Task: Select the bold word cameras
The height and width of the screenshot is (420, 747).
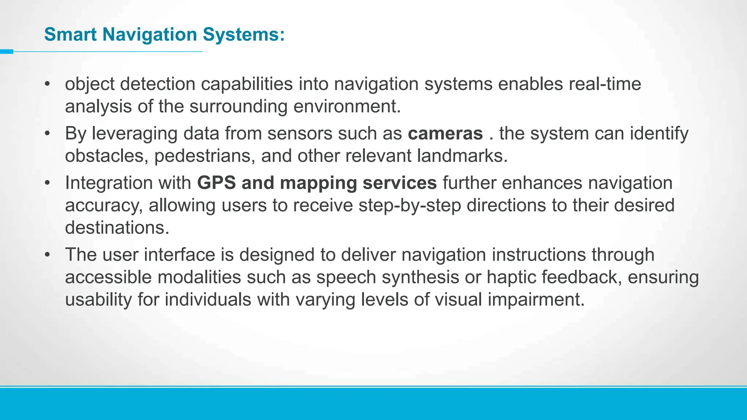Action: tap(445, 133)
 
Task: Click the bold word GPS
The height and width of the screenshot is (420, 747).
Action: tap(216, 183)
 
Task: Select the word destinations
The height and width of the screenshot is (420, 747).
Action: tap(117, 228)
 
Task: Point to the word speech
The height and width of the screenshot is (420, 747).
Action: tap(346, 277)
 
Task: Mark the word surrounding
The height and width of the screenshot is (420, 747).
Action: tap(239, 107)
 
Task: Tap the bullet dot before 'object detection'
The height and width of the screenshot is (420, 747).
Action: tap(47, 84)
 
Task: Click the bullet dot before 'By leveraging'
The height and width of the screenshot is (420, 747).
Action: tap(47, 134)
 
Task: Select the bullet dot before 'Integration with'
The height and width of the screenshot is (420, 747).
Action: tap(47, 183)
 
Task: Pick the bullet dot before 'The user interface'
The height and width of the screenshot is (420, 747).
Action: tap(47, 255)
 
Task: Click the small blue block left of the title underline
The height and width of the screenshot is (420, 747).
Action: tap(6, 52)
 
